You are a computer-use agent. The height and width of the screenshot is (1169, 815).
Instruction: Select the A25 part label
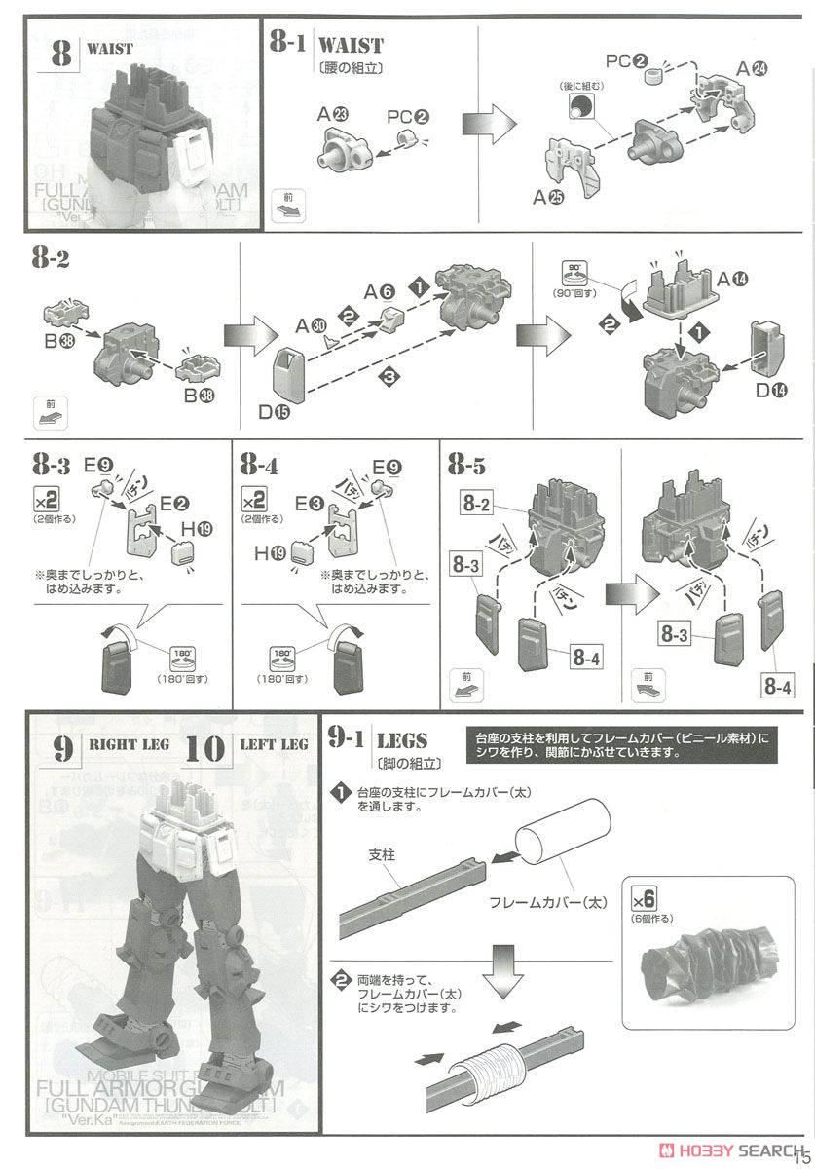tap(547, 198)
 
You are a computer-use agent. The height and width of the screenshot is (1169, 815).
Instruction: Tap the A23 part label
tap(333, 113)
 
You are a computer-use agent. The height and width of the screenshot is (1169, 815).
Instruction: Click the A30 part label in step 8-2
tap(312, 324)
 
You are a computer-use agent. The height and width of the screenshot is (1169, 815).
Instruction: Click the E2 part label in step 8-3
tap(175, 503)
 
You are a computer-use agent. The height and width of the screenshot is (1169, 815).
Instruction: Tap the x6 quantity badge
tap(647, 899)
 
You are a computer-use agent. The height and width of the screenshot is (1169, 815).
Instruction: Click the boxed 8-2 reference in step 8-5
tap(477, 505)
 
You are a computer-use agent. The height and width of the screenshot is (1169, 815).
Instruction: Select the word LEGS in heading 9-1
tap(400, 741)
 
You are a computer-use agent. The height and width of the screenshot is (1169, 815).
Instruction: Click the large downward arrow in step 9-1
tap(503, 966)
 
